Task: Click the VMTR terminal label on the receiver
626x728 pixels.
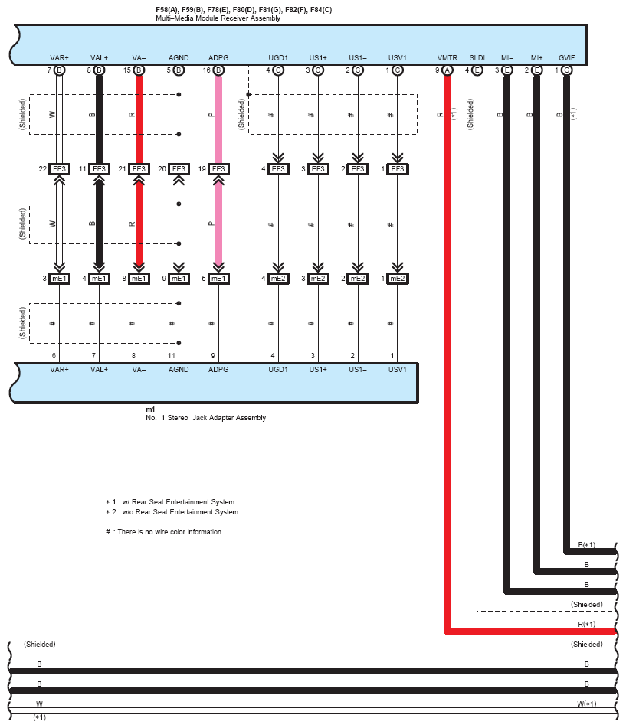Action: (x=447, y=57)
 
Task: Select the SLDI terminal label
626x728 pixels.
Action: (x=477, y=57)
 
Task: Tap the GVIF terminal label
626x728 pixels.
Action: (x=566, y=57)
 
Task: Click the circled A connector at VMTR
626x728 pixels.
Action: (x=447, y=70)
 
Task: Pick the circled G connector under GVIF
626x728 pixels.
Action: (x=566, y=70)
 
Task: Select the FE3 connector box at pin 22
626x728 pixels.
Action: (x=58, y=169)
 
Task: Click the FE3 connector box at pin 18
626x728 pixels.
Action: (x=218, y=169)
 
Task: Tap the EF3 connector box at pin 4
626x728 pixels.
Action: (x=277, y=169)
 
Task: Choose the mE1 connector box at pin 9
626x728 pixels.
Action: (x=179, y=279)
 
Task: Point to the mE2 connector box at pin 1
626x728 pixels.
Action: (x=397, y=279)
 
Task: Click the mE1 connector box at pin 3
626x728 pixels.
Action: (x=58, y=279)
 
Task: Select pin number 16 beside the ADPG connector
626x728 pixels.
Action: (x=207, y=70)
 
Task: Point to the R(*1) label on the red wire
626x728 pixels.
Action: (x=587, y=624)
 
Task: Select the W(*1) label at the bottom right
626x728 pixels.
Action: (x=587, y=703)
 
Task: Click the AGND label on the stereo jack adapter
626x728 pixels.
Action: (x=179, y=369)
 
